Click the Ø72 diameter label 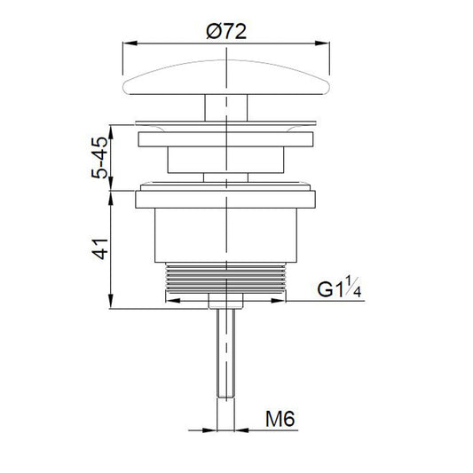[x=226, y=31]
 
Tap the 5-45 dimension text [x=99, y=158]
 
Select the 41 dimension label [x=100, y=249]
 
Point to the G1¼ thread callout [x=339, y=288]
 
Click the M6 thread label [x=280, y=419]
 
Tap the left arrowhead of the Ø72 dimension [x=130, y=43]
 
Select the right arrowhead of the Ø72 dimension [x=322, y=43]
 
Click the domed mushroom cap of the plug [x=226, y=77]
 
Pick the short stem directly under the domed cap [x=226, y=107]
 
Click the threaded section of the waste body [x=225, y=278]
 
